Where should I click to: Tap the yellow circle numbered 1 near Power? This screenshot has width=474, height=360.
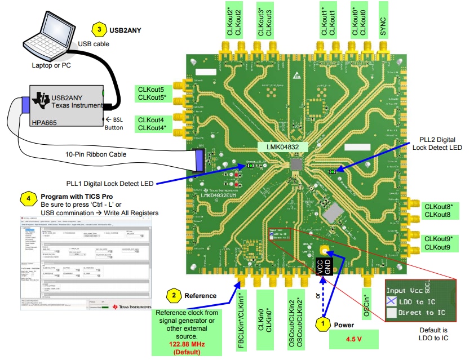tap(322, 323)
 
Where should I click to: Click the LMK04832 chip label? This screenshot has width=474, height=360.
tap(282, 147)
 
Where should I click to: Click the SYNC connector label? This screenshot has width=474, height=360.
tap(384, 20)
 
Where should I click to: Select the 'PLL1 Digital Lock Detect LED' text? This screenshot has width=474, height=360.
tap(108, 183)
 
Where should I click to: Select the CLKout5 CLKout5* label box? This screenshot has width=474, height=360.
tap(151, 94)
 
